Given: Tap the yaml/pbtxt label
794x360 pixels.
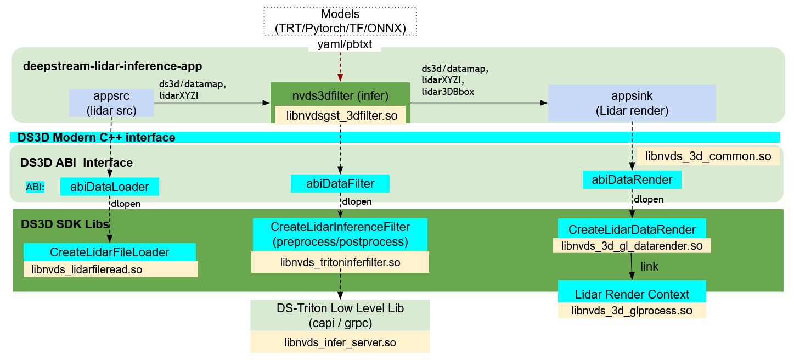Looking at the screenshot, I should click(x=345, y=45).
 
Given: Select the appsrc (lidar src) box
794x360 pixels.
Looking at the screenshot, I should click(x=111, y=103).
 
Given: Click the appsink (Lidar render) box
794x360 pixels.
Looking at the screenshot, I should click(x=632, y=103).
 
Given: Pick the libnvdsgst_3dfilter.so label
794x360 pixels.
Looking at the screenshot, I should click(x=340, y=116).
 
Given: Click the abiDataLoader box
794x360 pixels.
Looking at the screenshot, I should click(x=109, y=187).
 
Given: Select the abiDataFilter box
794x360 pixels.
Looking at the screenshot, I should click(x=340, y=183).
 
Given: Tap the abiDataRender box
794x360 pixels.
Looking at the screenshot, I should click(x=632, y=179).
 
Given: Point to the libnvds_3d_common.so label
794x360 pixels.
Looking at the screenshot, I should click(x=708, y=156).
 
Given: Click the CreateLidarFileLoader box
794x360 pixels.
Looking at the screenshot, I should click(x=109, y=252).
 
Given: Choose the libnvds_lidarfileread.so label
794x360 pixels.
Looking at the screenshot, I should click(x=110, y=269).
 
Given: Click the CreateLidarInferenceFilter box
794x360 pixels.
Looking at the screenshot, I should click(x=340, y=234).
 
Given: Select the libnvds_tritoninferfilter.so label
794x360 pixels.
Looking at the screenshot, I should click(x=340, y=262).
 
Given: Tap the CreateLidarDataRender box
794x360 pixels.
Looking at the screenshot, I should click(x=632, y=229).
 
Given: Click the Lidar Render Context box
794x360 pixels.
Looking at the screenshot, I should click(x=632, y=294).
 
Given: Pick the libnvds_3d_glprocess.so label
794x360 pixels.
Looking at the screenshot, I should click(x=632, y=311).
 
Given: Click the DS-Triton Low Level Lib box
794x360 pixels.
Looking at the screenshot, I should click(x=340, y=316).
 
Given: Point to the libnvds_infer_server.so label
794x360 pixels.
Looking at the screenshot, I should click(x=340, y=343).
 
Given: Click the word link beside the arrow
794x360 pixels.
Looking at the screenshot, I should click(x=649, y=267).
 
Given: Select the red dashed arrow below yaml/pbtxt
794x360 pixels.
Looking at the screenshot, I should click(x=340, y=67).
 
